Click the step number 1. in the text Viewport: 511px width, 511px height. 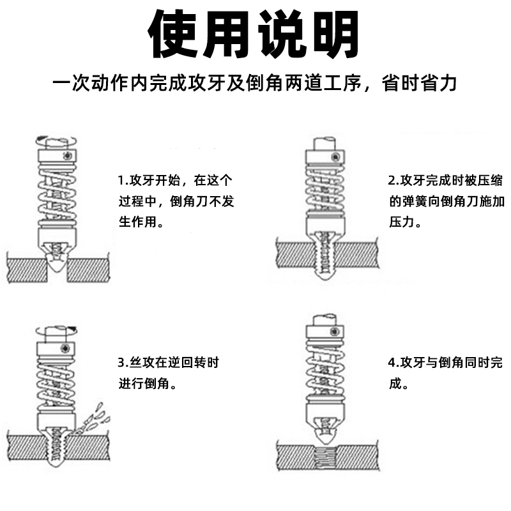(x=123, y=179)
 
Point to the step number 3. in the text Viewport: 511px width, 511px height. (x=123, y=363)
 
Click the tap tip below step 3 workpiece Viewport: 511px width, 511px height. (x=57, y=465)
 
